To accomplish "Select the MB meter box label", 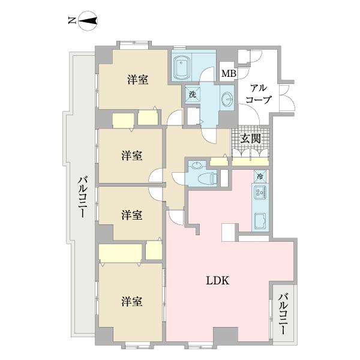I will (228, 74).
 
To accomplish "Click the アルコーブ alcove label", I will (259, 93).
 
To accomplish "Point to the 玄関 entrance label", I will (251, 139).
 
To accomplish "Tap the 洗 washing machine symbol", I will (193, 94).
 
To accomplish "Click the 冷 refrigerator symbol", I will (260, 176).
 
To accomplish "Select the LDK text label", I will (220, 280).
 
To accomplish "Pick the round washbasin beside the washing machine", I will (227, 98).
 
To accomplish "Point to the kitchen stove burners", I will (260, 193).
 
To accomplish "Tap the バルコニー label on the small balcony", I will (284, 313).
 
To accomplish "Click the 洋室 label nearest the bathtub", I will (137, 79).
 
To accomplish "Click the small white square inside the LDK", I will (230, 232).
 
